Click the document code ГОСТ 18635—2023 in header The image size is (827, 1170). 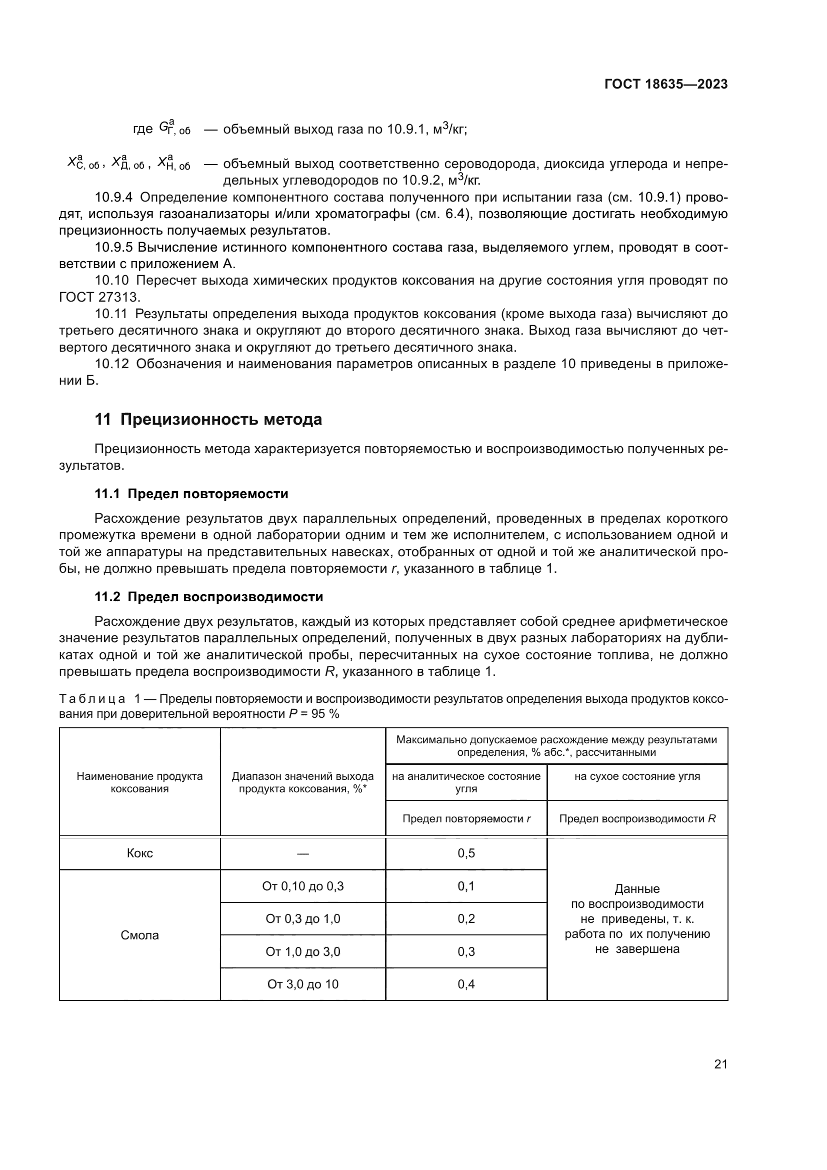(x=665, y=85)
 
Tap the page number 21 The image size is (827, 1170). (x=720, y=1064)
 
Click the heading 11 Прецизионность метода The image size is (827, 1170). (x=208, y=420)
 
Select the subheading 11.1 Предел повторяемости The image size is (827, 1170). (x=191, y=494)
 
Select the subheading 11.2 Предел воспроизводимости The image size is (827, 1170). (x=209, y=597)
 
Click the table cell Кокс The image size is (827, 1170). (x=139, y=853)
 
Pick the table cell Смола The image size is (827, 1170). (x=139, y=935)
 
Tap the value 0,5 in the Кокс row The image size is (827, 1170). (x=466, y=853)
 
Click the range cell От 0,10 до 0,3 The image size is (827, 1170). (x=302, y=886)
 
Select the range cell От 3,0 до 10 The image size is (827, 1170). (x=302, y=984)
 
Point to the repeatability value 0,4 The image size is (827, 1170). (x=466, y=984)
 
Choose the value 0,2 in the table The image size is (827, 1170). (x=466, y=919)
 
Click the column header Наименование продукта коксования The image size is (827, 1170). (x=139, y=782)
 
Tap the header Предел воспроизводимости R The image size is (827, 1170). (x=637, y=818)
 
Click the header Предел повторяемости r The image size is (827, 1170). (x=466, y=818)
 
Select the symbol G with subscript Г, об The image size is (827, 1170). (x=173, y=128)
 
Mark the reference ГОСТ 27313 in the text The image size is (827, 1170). (x=99, y=297)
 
